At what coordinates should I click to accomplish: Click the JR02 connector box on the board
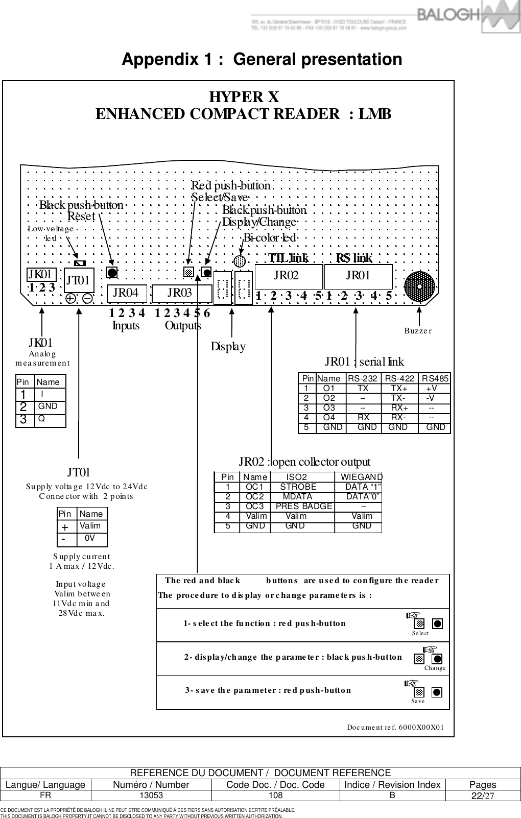288,276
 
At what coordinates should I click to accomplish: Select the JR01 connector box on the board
358,276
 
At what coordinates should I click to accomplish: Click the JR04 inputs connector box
127,293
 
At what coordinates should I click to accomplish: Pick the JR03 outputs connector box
182,293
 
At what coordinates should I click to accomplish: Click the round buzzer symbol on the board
419,287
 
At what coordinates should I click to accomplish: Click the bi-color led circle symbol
239,261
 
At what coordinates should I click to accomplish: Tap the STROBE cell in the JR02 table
298,487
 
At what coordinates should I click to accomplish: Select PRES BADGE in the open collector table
304,506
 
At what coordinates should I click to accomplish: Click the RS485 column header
435,378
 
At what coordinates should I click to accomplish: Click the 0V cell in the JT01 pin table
90,538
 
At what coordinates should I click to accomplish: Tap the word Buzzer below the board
418,331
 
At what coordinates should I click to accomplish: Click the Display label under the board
228,347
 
